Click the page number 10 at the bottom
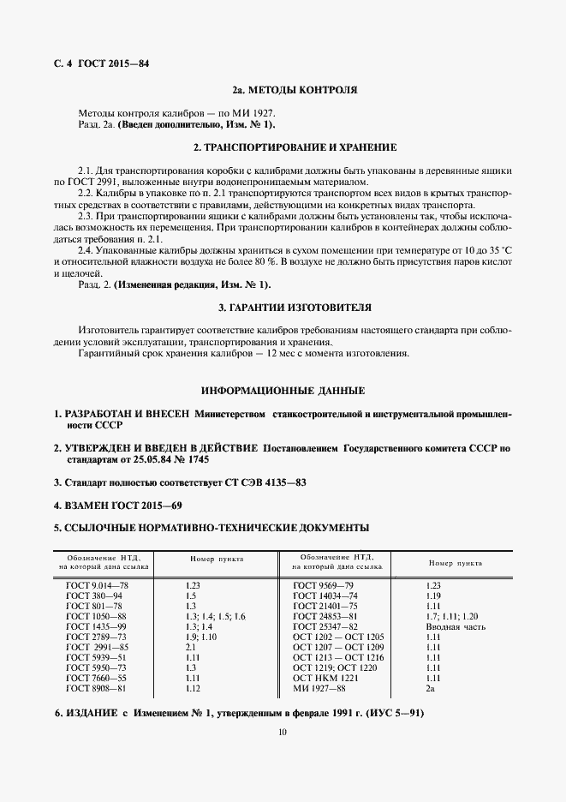click(x=282, y=732)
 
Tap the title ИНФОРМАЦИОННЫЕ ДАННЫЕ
click(x=283, y=390)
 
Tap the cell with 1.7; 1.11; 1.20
click(x=452, y=616)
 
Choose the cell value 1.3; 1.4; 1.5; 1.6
click(x=215, y=616)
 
